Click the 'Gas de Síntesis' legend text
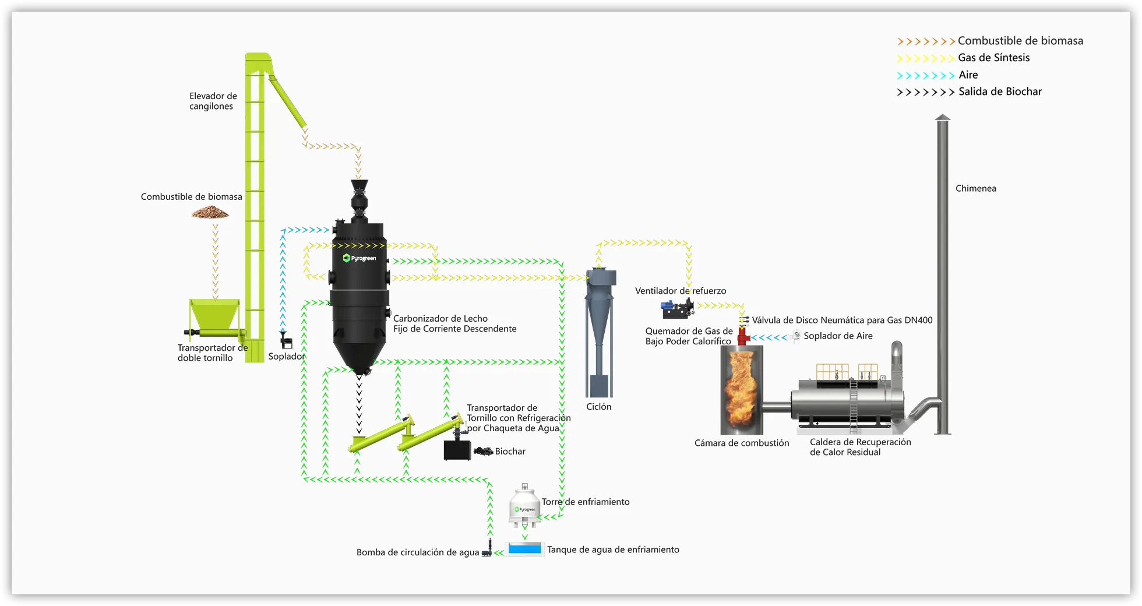pyautogui.click(x=993, y=58)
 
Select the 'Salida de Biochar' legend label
pyautogui.click(x=1000, y=91)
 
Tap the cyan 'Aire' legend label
pyautogui.click(x=968, y=75)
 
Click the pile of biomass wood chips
pyautogui.click(x=210, y=213)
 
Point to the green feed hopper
pyautogui.click(x=214, y=315)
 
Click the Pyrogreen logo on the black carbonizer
pyautogui.click(x=359, y=258)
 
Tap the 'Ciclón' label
pyautogui.click(x=598, y=407)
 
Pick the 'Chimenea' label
pyautogui.click(x=975, y=188)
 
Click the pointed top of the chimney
pyautogui.click(x=942, y=118)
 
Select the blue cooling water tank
pyautogui.click(x=524, y=549)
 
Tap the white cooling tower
pyautogui.click(x=524, y=507)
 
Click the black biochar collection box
pyautogui.click(x=457, y=450)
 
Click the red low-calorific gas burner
pyautogui.click(x=742, y=336)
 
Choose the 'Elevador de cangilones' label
pyautogui.click(x=213, y=101)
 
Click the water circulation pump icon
pyautogui.click(x=487, y=551)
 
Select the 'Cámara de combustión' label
pyautogui.click(x=741, y=443)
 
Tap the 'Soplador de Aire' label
pyautogui.click(x=837, y=336)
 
